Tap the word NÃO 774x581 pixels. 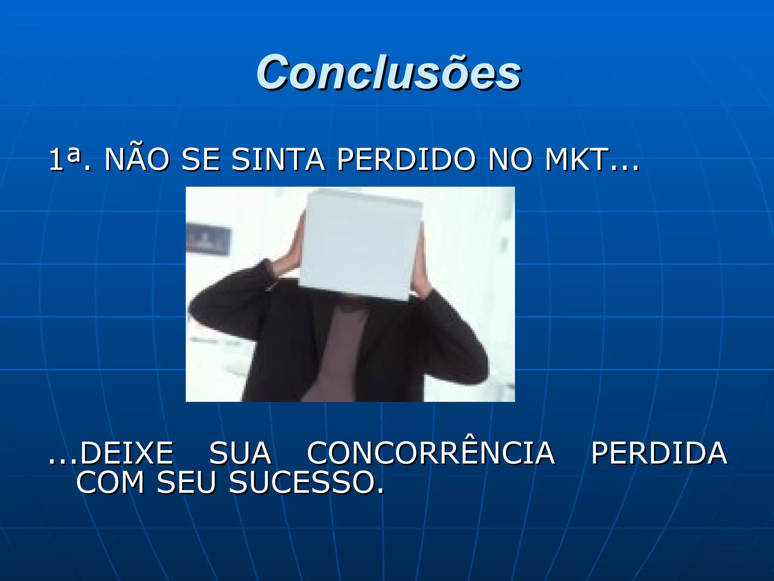[x=137, y=159]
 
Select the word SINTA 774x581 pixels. [x=278, y=159]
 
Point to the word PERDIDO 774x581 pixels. [x=406, y=159]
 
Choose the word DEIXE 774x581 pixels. [x=126, y=453]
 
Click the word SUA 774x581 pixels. [x=240, y=453]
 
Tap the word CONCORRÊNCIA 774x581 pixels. [x=431, y=453]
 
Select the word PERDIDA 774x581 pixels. [x=659, y=453]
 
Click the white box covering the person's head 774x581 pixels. [x=361, y=246]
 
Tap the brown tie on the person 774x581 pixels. [x=340, y=352]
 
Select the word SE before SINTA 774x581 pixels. [x=200, y=159]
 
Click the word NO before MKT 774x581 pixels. [x=510, y=159]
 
